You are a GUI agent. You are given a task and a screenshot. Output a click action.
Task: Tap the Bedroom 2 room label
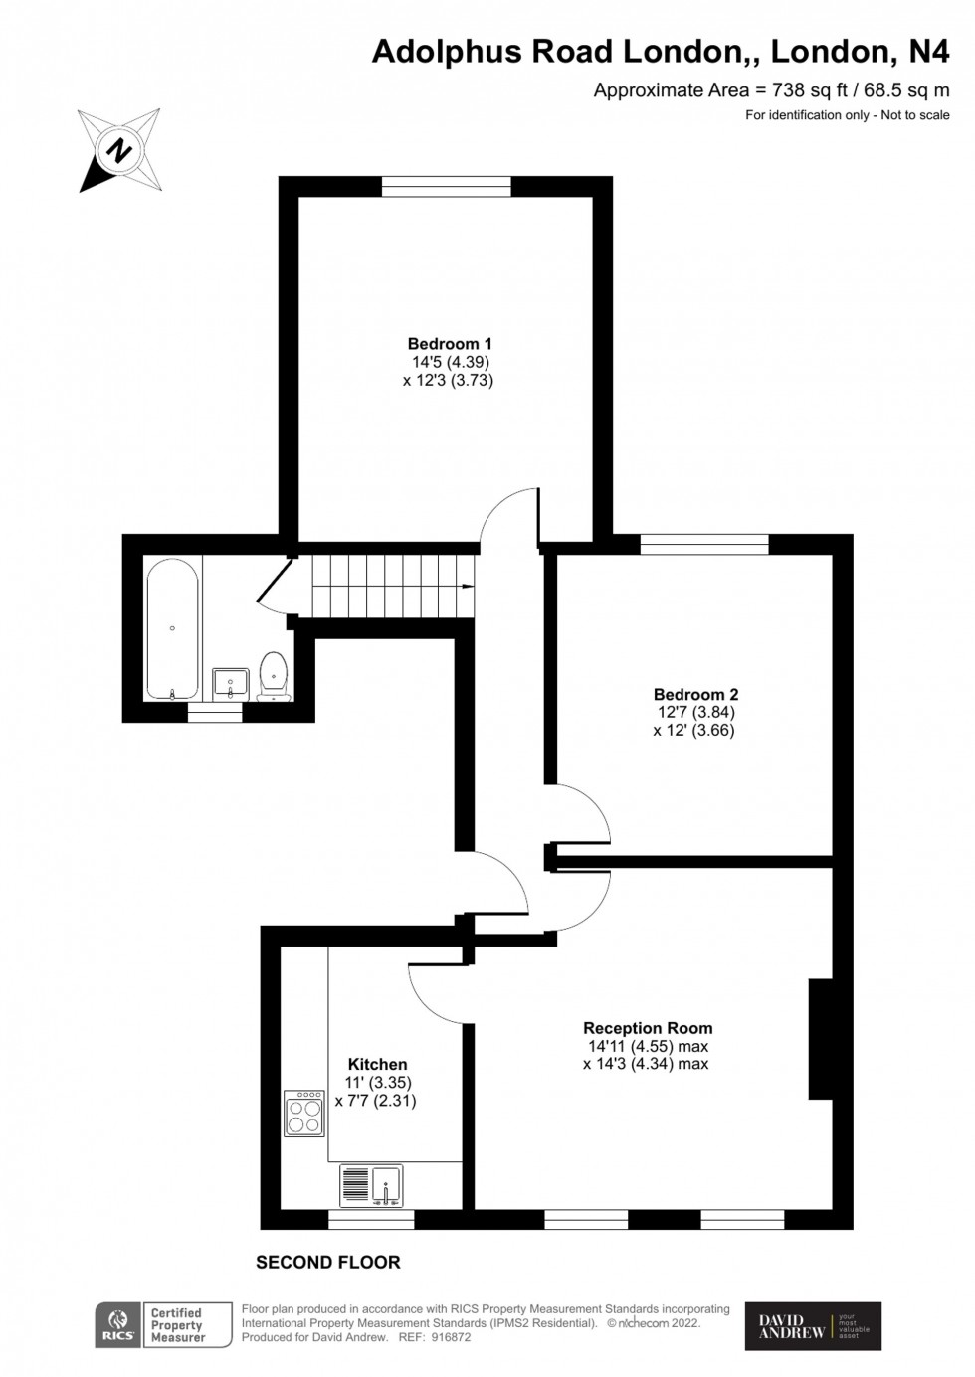coord(695,695)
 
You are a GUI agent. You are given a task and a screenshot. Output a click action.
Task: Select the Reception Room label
coord(648,1028)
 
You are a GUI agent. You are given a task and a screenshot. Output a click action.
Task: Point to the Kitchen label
coord(377,1064)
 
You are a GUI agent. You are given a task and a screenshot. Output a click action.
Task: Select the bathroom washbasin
coord(231,683)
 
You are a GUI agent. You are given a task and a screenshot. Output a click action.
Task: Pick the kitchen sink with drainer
coord(371,1185)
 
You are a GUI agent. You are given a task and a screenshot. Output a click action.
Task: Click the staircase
coord(392,586)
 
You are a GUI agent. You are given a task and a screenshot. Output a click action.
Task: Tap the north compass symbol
coord(120,151)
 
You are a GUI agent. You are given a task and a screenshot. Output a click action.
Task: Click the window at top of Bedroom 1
coord(447,186)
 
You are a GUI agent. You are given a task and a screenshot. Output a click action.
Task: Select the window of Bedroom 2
coord(704,544)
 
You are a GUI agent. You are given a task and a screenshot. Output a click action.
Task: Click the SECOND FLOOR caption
coord(328,1262)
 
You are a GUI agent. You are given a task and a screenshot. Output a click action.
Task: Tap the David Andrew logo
coord(813,1326)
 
